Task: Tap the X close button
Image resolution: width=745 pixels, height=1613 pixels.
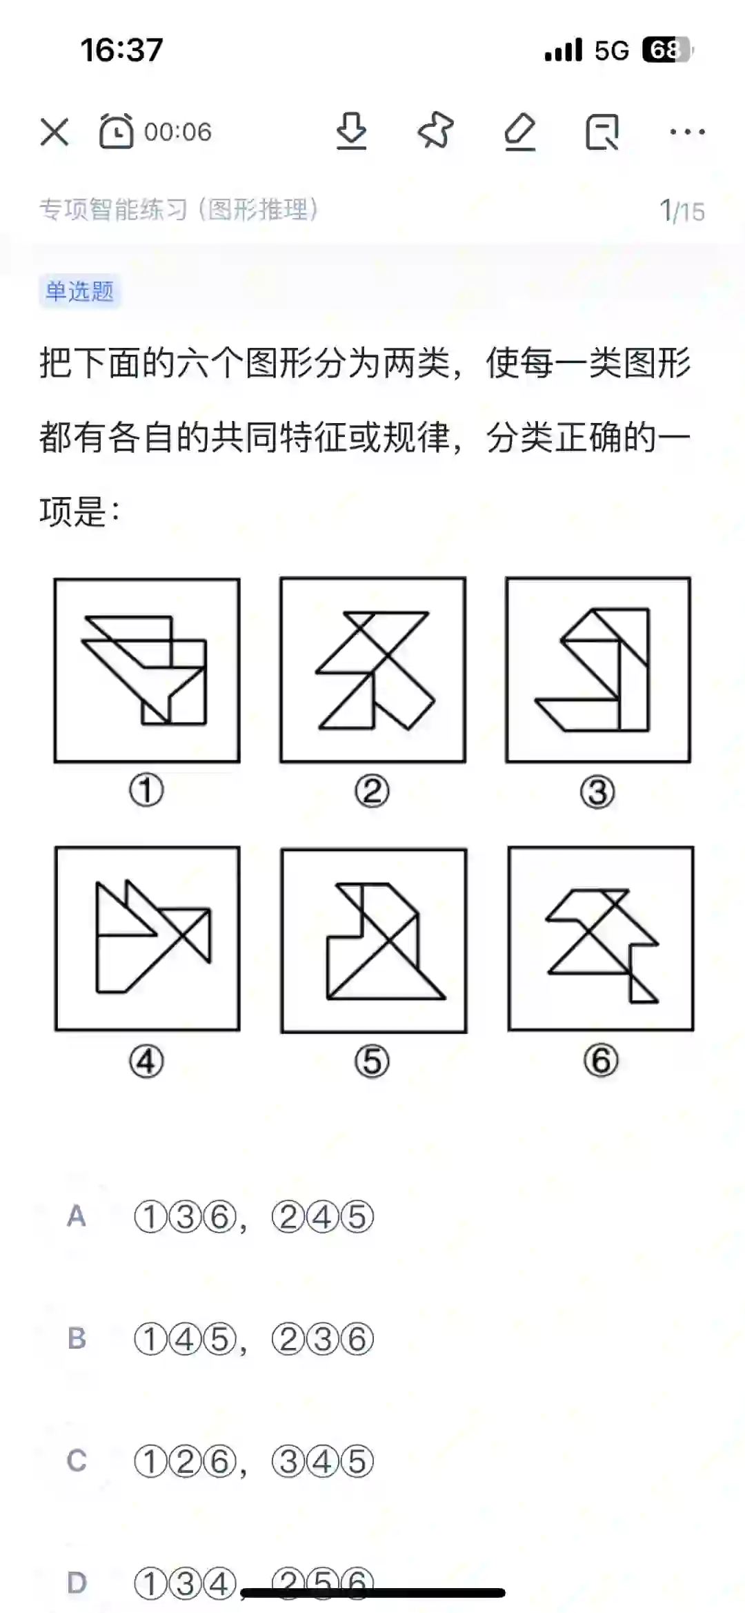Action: [54, 132]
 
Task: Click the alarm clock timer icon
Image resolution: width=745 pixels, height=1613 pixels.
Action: [116, 131]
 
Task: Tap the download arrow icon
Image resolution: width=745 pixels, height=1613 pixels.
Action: [351, 131]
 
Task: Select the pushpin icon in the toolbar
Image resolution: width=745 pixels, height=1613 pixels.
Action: [435, 130]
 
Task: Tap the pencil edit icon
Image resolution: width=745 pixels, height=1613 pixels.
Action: [519, 131]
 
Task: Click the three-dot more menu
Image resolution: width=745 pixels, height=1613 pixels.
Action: [687, 131]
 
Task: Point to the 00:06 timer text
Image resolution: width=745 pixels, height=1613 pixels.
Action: [178, 132]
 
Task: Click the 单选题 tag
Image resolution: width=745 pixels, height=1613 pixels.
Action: [79, 291]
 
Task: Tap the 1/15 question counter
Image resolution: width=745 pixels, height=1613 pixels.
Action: [682, 211]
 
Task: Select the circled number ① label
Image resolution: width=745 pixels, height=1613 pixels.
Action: [146, 791]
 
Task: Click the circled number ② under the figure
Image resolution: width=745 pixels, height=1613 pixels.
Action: [372, 792]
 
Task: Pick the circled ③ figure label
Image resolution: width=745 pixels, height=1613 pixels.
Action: [597, 792]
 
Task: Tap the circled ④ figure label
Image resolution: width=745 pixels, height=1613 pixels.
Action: [146, 1062]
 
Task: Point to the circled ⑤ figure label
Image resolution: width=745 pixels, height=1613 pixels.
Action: [372, 1062]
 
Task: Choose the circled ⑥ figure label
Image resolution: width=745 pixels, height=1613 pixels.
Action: [600, 1061]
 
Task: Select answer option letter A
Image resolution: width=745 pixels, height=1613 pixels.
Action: [77, 1216]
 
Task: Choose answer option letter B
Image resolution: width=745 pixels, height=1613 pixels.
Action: [77, 1338]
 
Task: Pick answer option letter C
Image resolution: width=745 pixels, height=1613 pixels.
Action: [77, 1460]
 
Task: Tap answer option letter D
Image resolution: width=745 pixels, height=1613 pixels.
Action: [77, 1583]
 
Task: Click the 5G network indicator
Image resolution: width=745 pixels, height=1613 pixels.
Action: [612, 50]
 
